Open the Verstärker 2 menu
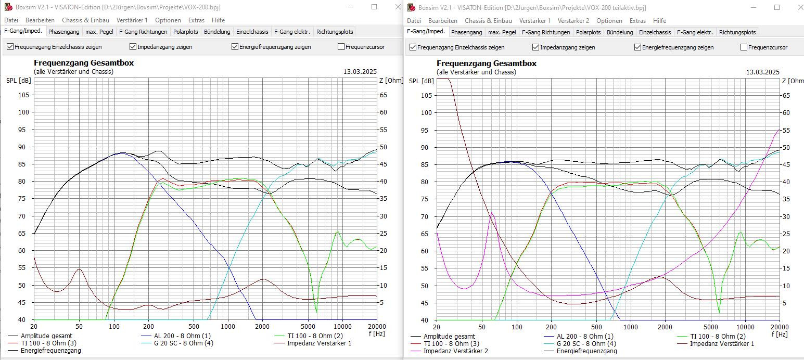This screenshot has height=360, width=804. [573, 21]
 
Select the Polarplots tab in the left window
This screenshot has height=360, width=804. [186, 32]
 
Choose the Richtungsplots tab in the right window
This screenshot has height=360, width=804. [737, 32]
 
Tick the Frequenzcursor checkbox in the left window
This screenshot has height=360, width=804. [341, 47]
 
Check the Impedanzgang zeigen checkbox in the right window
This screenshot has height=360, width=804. [536, 47]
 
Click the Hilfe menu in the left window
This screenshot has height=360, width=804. [218, 20]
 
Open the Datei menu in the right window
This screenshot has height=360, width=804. [414, 21]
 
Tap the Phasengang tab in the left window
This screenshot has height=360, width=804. [63, 32]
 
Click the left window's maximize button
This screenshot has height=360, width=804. [374, 7]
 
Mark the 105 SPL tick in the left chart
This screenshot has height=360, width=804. [24, 95]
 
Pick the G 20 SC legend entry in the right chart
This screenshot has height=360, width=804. [586, 343]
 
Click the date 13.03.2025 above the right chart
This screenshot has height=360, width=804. [762, 72]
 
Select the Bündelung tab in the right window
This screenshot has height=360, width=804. [620, 32]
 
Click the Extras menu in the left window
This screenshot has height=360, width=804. [196, 20]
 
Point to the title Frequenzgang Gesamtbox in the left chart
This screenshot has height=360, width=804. [84, 63]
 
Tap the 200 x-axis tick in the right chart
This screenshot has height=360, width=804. [551, 326]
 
